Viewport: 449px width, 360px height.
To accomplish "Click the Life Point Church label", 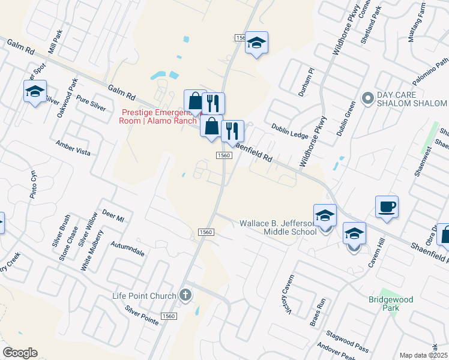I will (145, 296).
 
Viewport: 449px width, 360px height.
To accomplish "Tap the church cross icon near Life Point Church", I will (186, 295).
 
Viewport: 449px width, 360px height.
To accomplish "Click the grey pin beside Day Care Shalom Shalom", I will (367, 97).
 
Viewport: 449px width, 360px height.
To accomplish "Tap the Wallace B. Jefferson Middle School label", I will (278, 227).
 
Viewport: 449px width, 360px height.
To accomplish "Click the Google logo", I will (20, 353).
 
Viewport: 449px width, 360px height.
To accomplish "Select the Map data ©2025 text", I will (424, 355).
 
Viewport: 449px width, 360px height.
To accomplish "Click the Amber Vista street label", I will (73, 148).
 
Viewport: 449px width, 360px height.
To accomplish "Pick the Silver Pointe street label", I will (142, 315).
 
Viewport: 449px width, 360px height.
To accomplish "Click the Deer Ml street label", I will (113, 216).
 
